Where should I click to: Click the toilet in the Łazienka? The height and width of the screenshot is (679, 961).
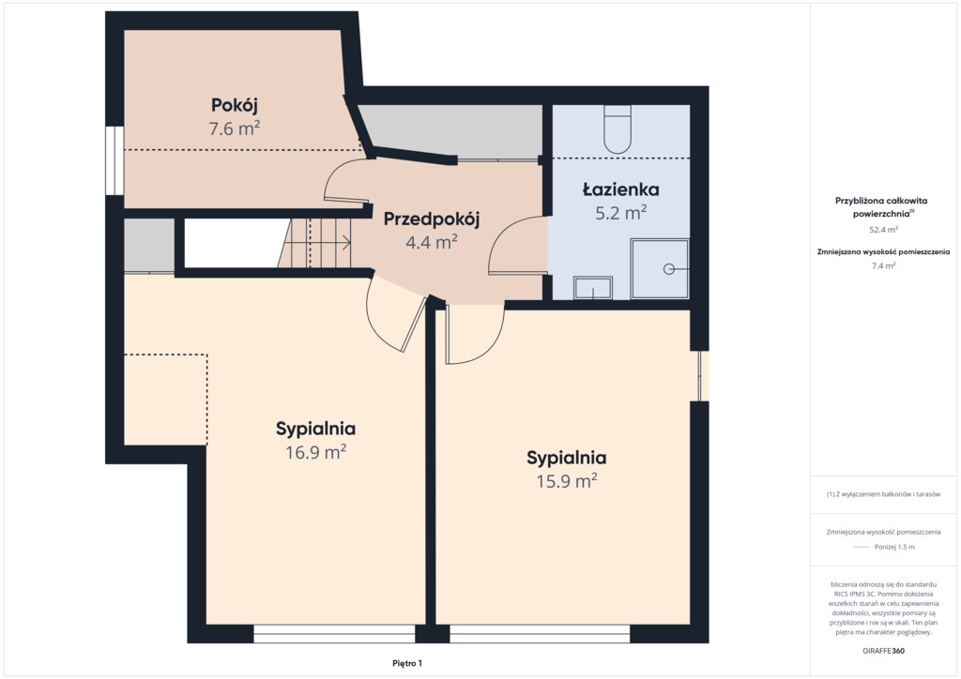(x=618, y=129)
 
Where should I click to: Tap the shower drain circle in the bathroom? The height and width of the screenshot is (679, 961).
(x=669, y=269)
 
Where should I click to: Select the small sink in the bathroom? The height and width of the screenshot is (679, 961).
(x=593, y=288)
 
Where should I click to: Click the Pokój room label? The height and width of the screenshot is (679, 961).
(x=234, y=105)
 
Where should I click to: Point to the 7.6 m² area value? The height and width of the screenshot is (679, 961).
(x=234, y=128)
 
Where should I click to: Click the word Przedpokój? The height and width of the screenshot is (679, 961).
(x=432, y=219)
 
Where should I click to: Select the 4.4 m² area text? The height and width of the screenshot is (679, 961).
(x=432, y=243)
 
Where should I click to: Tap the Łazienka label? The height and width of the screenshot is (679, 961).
(x=621, y=189)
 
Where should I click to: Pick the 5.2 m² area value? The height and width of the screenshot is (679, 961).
(x=621, y=213)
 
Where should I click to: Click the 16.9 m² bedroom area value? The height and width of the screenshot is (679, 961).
(x=315, y=452)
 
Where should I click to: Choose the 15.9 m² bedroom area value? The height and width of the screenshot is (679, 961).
(x=567, y=480)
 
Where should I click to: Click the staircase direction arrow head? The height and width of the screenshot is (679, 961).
(x=348, y=243)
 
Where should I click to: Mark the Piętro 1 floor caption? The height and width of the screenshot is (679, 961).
(x=407, y=663)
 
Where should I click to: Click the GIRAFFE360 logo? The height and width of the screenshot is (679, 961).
(x=883, y=651)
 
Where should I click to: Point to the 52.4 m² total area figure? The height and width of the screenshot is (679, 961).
(x=883, y=230)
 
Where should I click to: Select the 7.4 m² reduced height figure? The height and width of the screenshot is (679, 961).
(x=883, y=265)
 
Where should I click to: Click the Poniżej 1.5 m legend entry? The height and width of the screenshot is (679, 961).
(x=894, y=547)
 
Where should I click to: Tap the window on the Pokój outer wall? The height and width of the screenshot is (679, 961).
(x=114, y=161)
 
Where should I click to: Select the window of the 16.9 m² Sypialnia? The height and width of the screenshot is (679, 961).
(x=335, y=634)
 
